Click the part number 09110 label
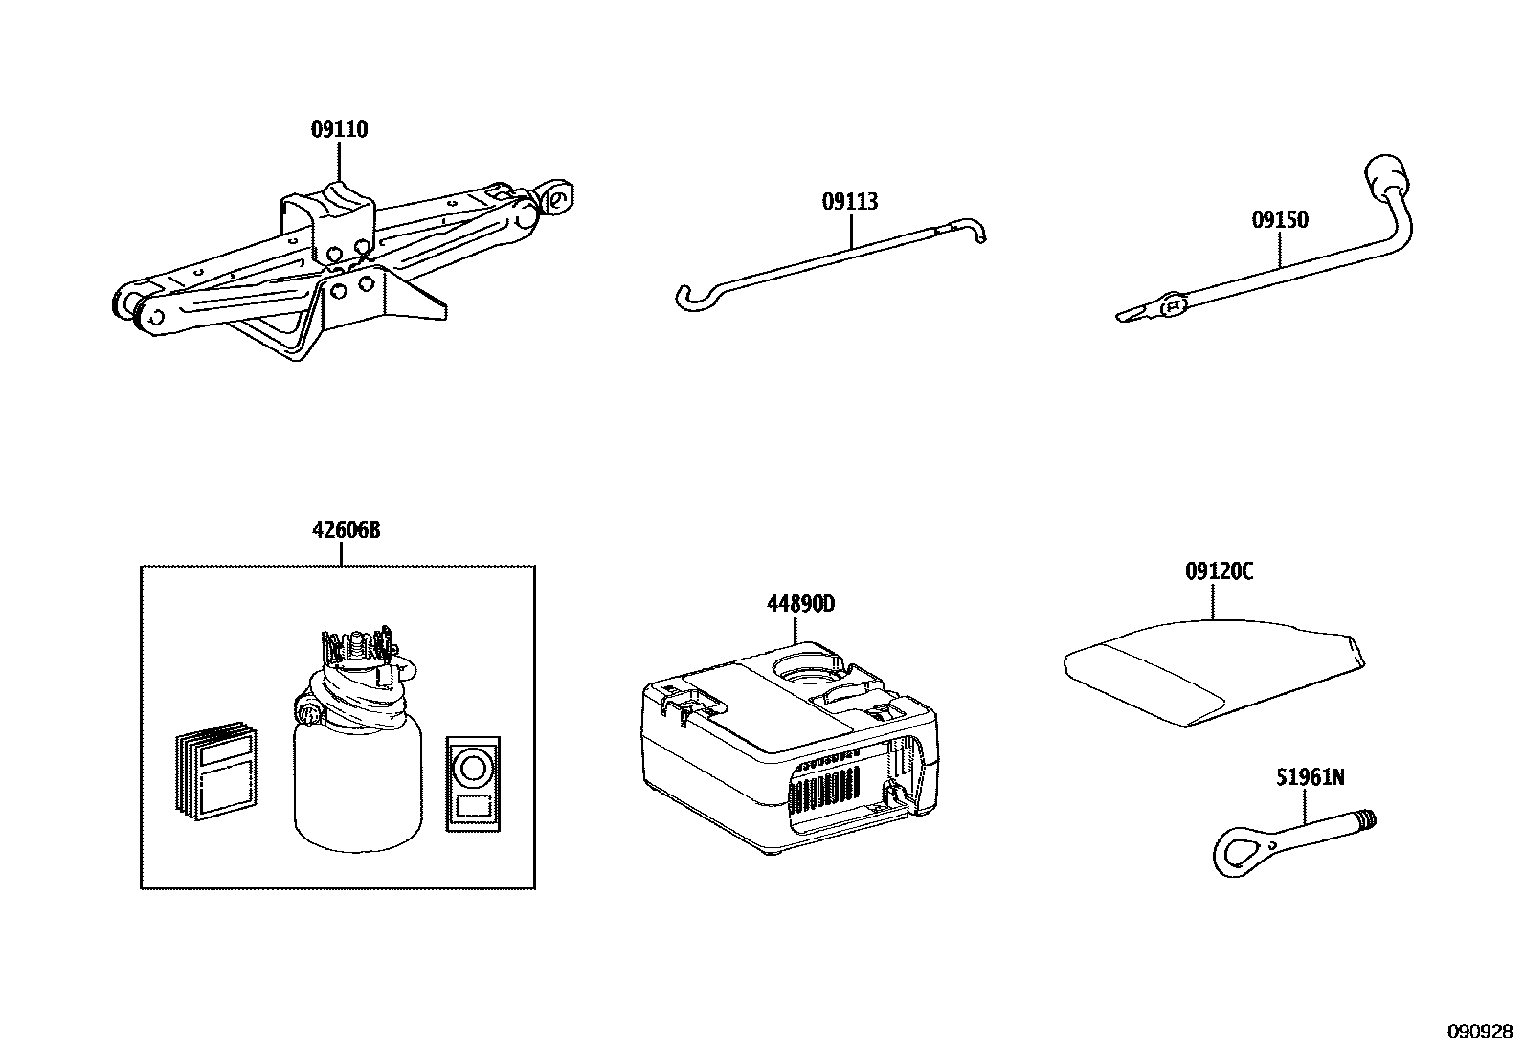339,129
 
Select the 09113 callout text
850,202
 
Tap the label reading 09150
1280,220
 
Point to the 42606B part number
346,530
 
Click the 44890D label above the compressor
800,604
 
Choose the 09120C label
1219,571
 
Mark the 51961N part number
1310,777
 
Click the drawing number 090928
1480,1032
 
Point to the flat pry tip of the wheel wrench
1135,313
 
